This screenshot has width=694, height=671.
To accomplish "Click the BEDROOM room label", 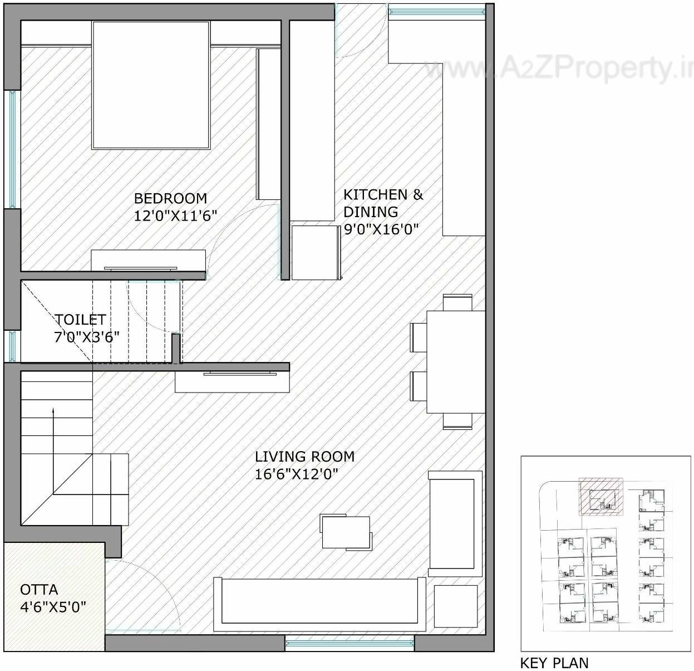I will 170,198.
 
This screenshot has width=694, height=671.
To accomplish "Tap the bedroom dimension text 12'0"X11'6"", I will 175,216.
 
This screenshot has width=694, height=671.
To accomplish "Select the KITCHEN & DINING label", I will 383,203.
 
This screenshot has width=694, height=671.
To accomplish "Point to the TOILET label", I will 80,320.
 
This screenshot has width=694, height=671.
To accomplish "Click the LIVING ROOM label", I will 304,457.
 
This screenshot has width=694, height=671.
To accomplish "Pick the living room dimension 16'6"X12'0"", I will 297,474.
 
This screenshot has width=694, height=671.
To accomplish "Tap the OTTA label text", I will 39,590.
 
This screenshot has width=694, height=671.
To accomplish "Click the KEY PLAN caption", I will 554,663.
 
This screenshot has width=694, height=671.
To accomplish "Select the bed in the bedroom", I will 151,85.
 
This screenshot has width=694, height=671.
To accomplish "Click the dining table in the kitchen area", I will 455,361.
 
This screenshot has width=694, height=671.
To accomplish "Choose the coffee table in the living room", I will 346,532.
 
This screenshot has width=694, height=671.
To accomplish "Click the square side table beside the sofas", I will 455,606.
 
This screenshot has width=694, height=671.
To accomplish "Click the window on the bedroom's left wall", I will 12,149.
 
